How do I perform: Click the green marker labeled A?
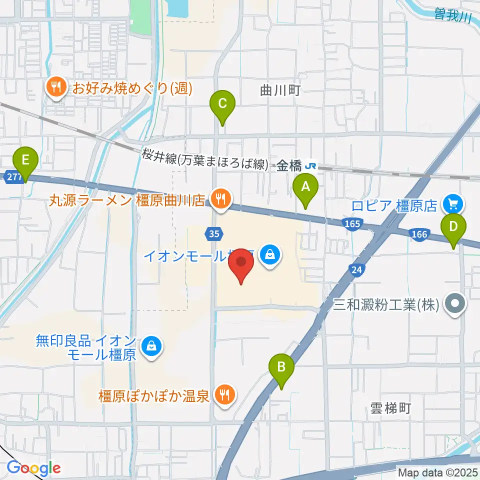(x=305, y=187)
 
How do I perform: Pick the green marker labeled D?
(x=453, y=226)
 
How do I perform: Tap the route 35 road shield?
(x=214, y=233)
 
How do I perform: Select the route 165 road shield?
(x=352, y=224)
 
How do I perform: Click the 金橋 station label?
(x=289, y=165)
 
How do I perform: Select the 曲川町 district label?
(x=279, y=90)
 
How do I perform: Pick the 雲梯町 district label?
(x=390, y=408)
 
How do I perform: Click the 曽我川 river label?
(x=452, y=16)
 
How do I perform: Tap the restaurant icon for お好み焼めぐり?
(x=54, y=88)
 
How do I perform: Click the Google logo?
(x=33, y=468)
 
